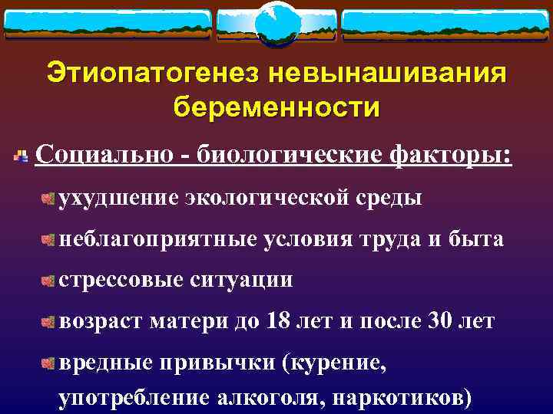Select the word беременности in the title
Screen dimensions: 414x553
276,107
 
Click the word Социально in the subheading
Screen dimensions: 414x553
104,156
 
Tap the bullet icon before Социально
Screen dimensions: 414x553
22,157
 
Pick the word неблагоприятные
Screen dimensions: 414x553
158,239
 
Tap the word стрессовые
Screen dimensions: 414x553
123,280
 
